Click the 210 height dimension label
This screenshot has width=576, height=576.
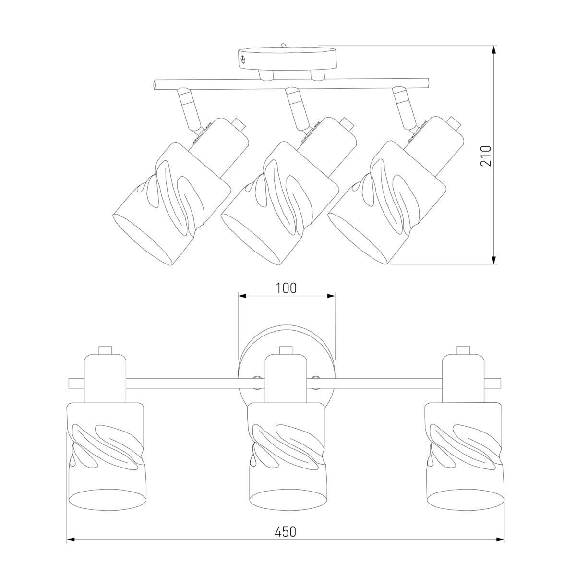486,156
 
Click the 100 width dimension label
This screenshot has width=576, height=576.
286,288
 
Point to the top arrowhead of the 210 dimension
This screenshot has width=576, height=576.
494,50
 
